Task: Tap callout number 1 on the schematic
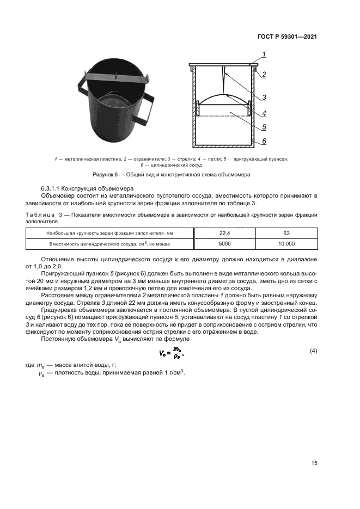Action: [x=264, y=54]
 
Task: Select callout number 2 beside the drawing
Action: [x=264, y=75]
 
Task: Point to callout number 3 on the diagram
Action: [x=264, y=98]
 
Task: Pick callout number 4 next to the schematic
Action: [x=264, y=113]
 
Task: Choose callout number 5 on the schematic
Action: [x=264, y=127]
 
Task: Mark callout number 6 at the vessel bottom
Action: [x=264, y=141]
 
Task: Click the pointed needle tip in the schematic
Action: [x=223, y=91]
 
